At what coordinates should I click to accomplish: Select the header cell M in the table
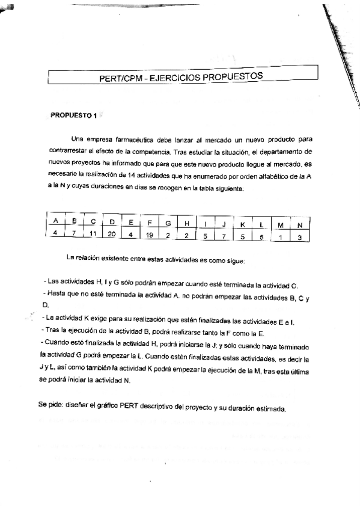280,225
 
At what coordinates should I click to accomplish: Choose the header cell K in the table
242,224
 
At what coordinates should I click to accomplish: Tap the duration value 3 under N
299,237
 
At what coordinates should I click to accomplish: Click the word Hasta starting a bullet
56,292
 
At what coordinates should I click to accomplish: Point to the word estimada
272,410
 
